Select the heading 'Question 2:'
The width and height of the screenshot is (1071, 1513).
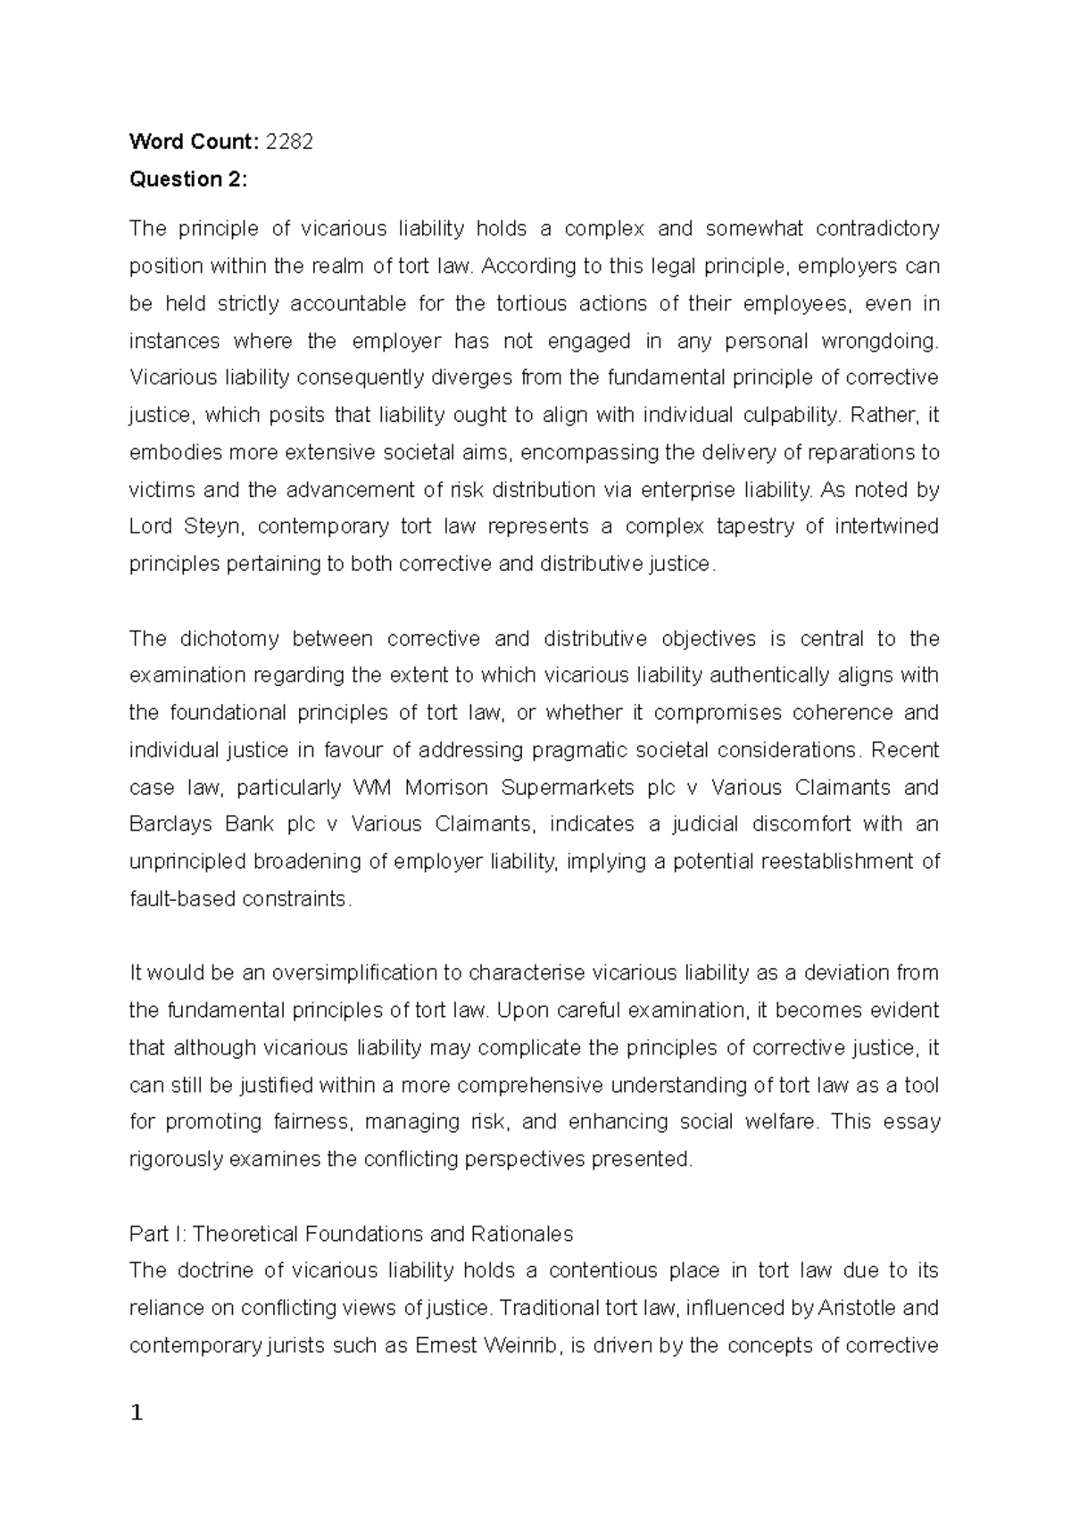(x=187, y=178)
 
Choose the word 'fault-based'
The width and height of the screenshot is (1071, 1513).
(x=183, y=899)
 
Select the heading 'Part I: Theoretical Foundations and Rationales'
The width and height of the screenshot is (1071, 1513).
(x=351, y=1234)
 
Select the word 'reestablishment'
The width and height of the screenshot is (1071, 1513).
(x=837, y=862)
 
